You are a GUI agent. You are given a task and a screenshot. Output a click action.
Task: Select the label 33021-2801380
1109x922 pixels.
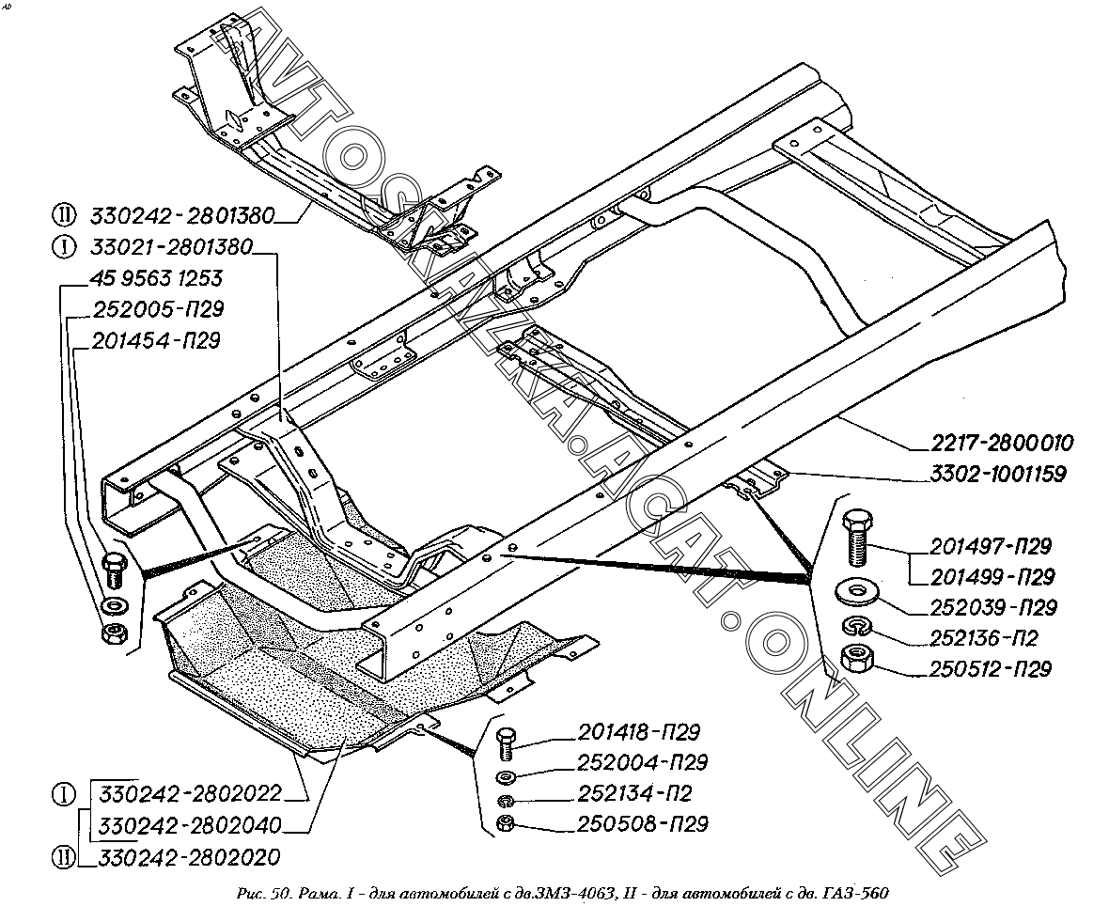point(171,249)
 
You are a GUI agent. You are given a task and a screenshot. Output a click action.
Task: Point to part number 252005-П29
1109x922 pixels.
point(158,310)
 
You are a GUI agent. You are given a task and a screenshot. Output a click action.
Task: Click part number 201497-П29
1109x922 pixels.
point(991,547)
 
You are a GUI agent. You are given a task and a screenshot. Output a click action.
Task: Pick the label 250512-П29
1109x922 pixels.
point(991,669)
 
